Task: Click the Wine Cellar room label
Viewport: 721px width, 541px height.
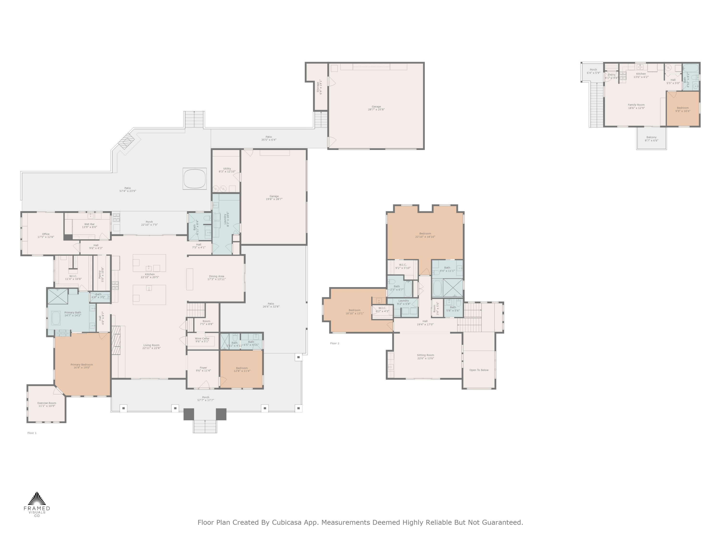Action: point(202,340)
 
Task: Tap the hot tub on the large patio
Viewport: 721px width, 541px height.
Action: point(195,178)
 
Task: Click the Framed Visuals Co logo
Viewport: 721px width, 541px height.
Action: point(37,504)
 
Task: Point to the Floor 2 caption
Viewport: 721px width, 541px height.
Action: point(335,343)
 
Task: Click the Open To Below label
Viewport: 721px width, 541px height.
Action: point(479,370)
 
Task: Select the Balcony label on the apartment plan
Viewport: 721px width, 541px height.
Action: point(651,138)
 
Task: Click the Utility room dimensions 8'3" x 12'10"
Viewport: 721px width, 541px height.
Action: point(227,171)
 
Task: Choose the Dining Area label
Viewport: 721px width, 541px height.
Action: point(217,277)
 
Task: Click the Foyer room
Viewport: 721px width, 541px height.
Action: point(203,369)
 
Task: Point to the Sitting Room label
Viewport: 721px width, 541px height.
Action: point(425,356)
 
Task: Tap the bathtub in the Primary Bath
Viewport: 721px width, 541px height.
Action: point(56,318)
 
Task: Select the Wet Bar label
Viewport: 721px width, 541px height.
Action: point(89,225)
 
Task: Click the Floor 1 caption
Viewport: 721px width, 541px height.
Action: point(32,433)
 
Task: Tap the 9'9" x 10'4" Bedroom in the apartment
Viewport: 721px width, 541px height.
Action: point(683,109)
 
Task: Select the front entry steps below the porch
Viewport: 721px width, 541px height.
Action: point(205,426)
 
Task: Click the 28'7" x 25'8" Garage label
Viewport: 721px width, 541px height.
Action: point(376,108)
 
